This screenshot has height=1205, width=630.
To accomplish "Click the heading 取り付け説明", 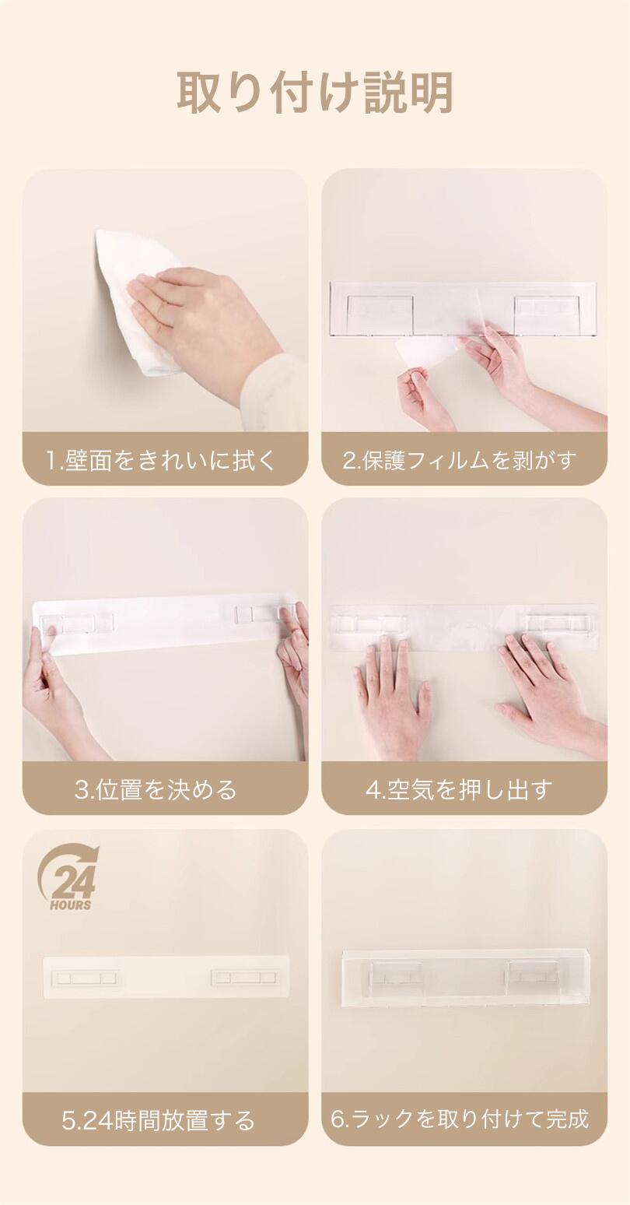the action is click(315, 93).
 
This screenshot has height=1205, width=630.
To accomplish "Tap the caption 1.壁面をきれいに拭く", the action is click(161, 461).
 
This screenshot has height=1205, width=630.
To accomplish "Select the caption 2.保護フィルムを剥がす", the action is click(460, 461).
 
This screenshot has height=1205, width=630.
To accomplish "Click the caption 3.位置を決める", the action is click(156, 789).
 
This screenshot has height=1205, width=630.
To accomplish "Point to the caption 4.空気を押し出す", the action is click(460, 789).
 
